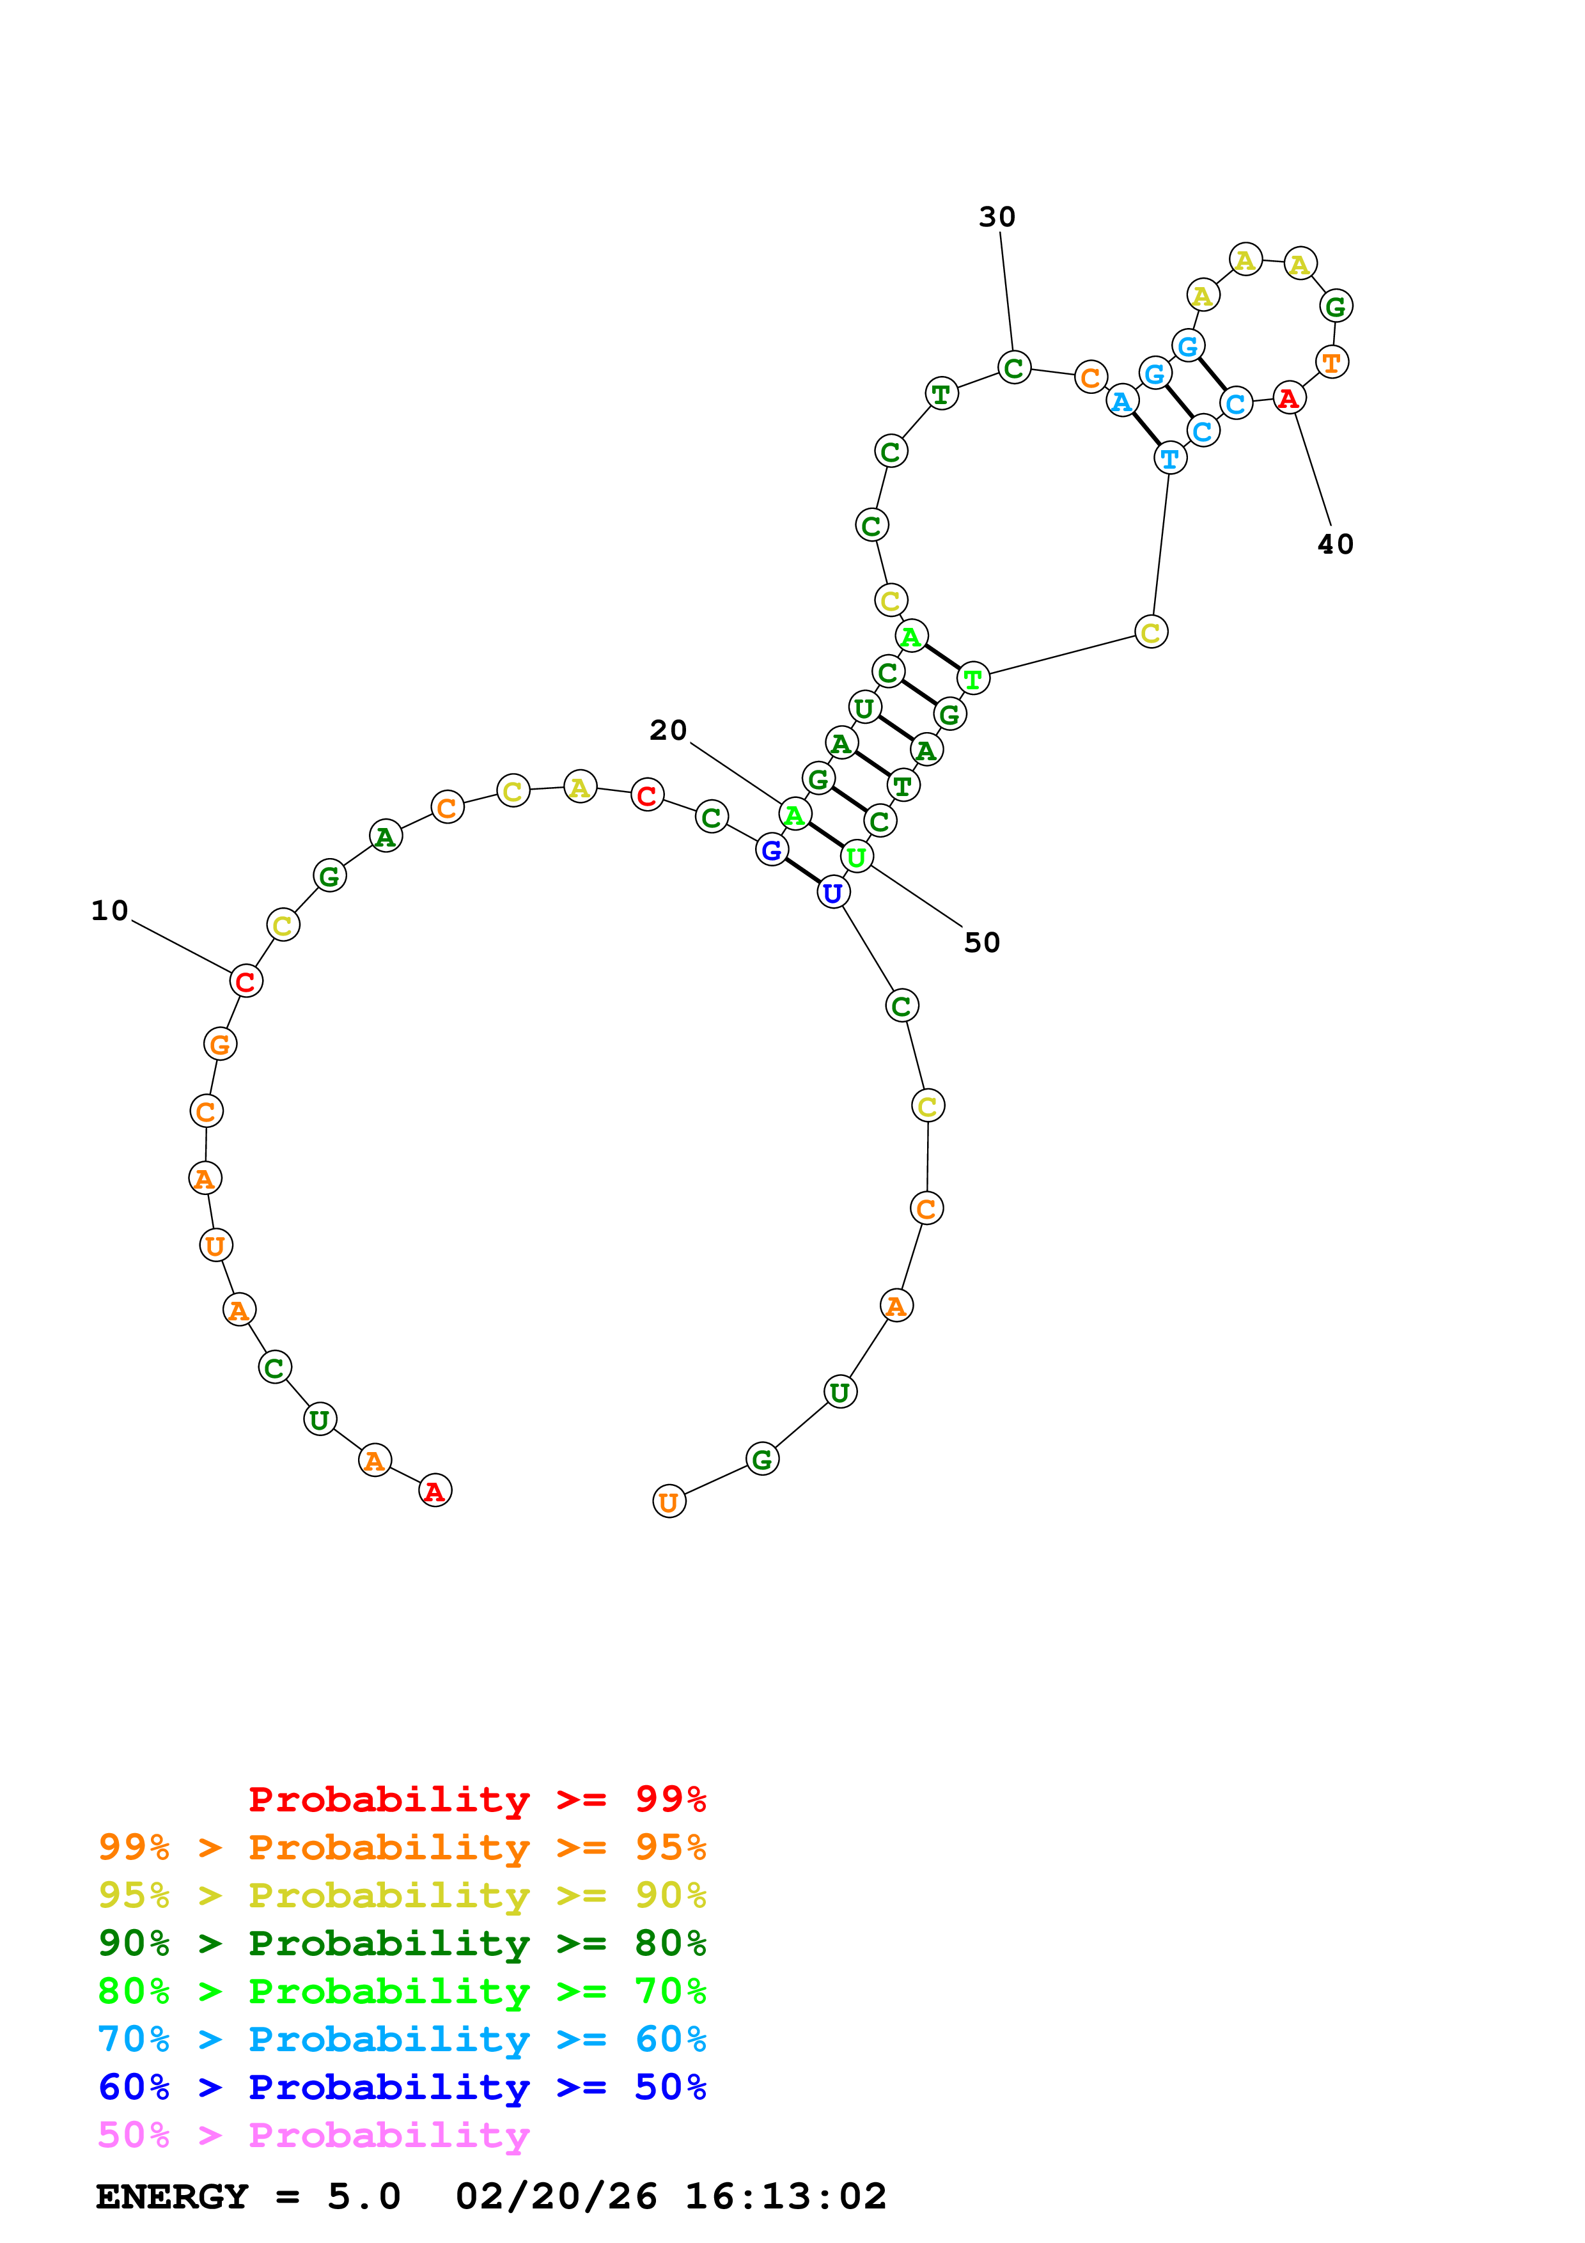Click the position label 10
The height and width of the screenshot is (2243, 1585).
[x=109, y=910]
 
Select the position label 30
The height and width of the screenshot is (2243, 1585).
[x=997, y=217]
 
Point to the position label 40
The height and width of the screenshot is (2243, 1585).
[x=1335, y=544]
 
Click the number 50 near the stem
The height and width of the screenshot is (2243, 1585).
[x=981, y=942]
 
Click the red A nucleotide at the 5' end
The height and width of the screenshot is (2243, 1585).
[x=435, y=1491]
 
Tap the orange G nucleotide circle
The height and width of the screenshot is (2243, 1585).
[x=221, y=1044]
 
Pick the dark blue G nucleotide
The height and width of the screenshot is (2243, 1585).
[x=772, y=850]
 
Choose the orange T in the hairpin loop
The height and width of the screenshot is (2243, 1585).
[x=1332, y=363]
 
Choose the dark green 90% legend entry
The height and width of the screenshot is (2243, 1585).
[x=402, y=1943]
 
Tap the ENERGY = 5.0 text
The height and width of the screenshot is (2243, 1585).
[x=248, y=2196]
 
